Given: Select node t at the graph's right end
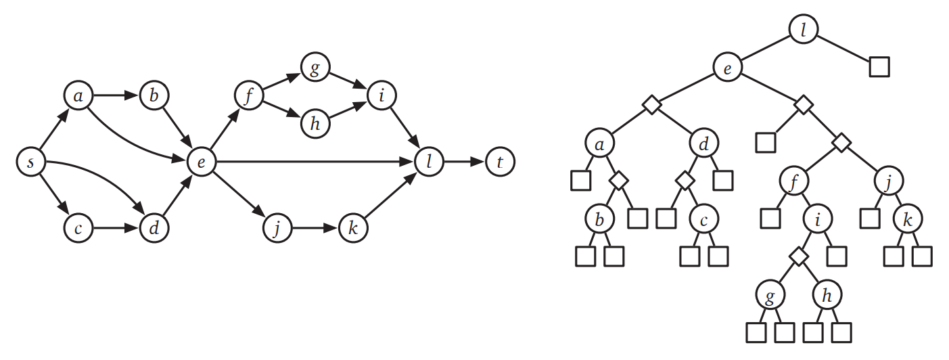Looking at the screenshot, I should [499, 162].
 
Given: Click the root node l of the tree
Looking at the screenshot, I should [804, 29].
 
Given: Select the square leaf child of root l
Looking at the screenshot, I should [879, 67].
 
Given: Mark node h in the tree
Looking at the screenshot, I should [827, 296].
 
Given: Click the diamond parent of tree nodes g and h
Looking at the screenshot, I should [800, 257].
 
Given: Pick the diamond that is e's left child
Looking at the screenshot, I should [651, 105].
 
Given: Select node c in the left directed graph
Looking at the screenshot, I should [79, 229].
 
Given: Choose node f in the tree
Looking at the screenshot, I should [793, 181].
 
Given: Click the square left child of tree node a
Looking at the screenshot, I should [581, 181].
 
